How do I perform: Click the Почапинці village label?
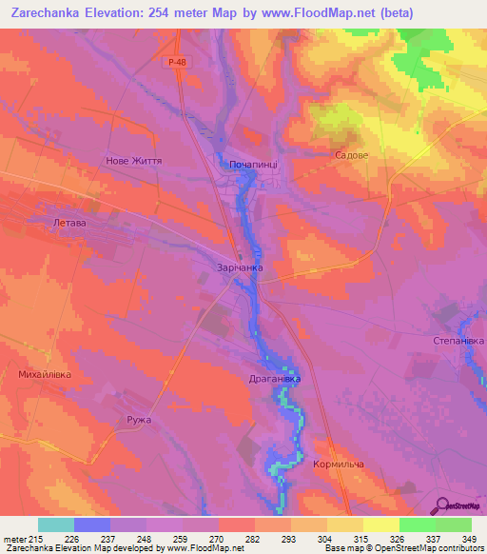253,165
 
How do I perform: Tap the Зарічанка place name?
240,268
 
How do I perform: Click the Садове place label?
351,154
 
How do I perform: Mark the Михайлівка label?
46,375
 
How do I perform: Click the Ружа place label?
139,420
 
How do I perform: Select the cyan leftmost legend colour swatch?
56,524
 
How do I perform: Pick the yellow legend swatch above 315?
344,524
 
